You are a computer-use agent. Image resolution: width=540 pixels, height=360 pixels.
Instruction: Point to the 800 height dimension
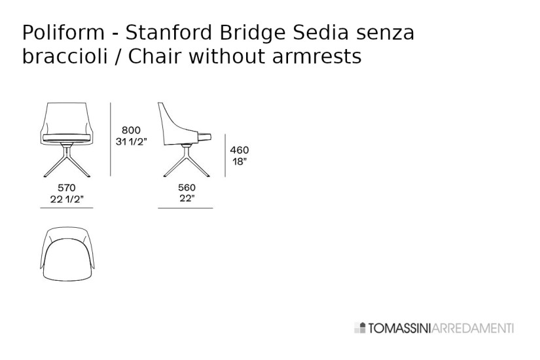tap(131, 130)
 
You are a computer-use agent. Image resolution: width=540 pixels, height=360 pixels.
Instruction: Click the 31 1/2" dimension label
tap(132, 142)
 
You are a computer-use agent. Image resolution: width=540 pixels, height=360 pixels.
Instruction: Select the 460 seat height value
tap(240, 150)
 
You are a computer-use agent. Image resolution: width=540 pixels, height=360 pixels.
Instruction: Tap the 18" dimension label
tap(240, 162)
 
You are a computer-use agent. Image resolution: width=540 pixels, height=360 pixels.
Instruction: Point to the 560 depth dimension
tap(186, 188)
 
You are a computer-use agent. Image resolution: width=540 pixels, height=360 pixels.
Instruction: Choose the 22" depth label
tap(186, 200)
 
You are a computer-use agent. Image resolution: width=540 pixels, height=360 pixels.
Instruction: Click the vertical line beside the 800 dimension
tap(110, 139)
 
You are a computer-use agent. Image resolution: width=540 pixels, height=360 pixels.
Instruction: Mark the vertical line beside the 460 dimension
tap(225, 155)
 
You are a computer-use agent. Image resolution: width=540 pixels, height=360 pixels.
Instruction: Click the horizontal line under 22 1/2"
tap(67, 208)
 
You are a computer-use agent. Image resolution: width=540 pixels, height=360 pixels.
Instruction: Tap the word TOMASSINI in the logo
tap(395, 328)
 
